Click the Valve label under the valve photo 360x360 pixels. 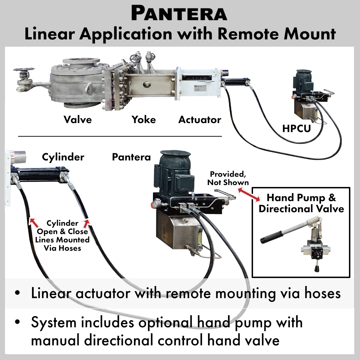(78, 119)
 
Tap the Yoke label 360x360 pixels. (144, 119)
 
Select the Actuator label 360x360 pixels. (200, 120)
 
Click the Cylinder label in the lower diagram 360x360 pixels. (63, 157)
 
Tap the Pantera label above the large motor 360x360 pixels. (131, 157)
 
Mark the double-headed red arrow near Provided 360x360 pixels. (249, 194)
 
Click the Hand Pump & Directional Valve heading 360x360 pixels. (301, 203)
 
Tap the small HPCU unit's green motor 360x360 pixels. (302, 82)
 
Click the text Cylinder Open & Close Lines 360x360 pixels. (63, 232)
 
